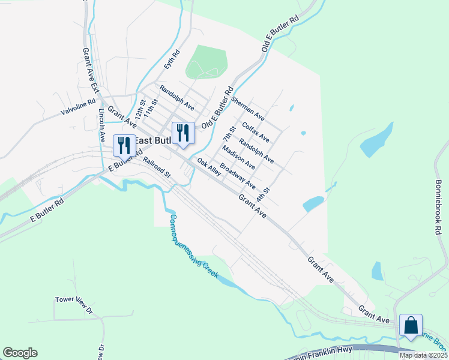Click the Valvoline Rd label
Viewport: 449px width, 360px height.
tap(78, 107)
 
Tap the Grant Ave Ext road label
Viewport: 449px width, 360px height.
tap(90, 69)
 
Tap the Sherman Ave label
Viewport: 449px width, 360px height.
tap(247, 108)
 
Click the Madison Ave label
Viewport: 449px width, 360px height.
tap(238, 153)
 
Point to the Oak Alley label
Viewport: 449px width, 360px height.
tap(209, 169)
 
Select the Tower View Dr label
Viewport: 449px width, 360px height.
tap(74, 304)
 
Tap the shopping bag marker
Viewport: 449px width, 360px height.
tap(411, 326)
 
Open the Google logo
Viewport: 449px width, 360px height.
tap(20, 353)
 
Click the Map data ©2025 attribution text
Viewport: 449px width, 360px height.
tap(423, 355)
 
